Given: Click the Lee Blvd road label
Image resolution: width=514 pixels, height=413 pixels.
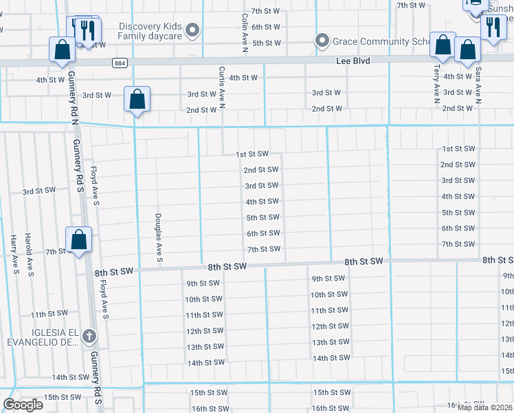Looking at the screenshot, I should click(353, 61).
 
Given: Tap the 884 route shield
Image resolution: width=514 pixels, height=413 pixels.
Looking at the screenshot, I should click(120, 63).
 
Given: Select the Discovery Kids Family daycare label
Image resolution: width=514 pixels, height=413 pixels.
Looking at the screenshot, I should click(150, 32).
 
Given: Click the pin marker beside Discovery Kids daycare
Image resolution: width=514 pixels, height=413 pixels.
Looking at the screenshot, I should click(192, 30).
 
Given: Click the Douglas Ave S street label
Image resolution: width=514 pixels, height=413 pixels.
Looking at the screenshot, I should click(159, 237).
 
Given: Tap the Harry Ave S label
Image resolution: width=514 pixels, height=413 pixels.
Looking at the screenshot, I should click(14, 254).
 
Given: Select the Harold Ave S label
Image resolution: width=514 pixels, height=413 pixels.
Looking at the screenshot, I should click(31, 253).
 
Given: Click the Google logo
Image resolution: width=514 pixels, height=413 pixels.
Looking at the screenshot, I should click(22, 405).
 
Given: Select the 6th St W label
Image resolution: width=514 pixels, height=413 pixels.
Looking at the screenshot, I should click(265, 27).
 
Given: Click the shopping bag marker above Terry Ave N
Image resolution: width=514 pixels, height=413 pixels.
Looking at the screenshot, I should click(443, 46).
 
